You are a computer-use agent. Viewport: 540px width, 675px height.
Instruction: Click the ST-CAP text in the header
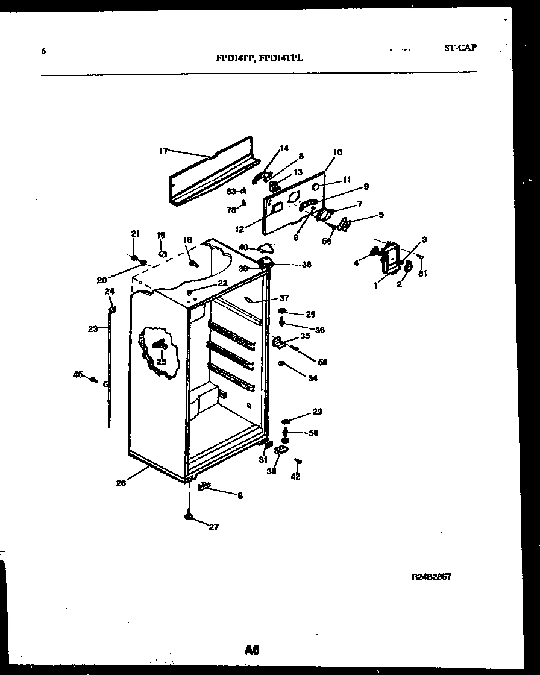460,48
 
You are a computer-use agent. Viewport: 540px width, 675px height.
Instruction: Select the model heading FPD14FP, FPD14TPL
259,58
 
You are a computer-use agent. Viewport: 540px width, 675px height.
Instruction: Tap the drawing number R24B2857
431,577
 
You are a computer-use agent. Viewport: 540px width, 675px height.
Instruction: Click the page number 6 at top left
43,51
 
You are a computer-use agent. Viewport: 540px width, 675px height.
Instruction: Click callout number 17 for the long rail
163,151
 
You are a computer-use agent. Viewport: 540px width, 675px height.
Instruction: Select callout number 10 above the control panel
337,152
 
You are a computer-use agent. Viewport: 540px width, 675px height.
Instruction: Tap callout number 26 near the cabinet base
121,482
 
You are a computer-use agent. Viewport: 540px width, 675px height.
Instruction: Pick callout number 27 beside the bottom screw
213,527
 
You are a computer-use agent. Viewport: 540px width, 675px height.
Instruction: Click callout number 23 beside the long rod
92,329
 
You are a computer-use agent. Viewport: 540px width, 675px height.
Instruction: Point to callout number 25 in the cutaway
161,362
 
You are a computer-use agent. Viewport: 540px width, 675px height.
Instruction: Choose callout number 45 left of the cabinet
77,374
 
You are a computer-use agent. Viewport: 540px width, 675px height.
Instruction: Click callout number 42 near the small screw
295,476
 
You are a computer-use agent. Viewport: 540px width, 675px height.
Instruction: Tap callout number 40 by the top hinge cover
243,246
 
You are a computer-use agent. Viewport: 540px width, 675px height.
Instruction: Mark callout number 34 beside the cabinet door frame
312,378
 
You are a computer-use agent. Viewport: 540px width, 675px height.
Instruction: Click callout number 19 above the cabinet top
161,235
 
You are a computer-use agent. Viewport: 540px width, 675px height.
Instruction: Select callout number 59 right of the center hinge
322,362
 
